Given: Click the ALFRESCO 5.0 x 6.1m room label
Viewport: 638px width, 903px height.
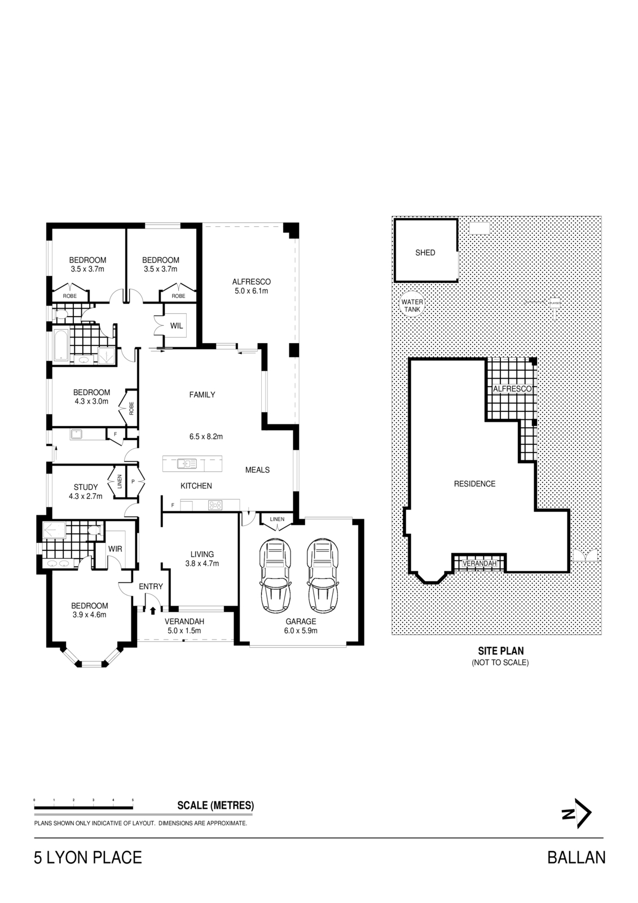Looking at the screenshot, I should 252,286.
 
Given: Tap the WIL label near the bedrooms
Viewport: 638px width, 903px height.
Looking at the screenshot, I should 177,326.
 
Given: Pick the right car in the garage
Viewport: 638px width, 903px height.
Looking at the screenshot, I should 323,576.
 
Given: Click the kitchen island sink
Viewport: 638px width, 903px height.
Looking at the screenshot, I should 186,464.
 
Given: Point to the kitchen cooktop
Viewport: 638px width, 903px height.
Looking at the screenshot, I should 215,505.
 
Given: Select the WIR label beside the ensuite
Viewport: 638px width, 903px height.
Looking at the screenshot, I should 115,549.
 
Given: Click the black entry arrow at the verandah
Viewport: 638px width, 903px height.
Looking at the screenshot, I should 153,610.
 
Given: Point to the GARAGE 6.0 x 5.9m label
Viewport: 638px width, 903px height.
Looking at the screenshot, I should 301,626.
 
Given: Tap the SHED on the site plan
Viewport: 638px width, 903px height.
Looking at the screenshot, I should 425,252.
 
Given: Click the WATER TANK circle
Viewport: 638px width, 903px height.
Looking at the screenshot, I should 412,305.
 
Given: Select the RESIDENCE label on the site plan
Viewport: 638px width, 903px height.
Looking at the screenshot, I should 474,484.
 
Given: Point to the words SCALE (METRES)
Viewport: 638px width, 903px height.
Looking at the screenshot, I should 215,805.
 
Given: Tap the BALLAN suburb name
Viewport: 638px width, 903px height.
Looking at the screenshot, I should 576,858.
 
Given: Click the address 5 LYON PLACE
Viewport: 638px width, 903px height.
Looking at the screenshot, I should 88,858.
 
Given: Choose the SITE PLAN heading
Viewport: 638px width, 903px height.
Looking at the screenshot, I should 500,651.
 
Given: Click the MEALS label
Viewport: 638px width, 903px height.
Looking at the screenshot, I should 257,470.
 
